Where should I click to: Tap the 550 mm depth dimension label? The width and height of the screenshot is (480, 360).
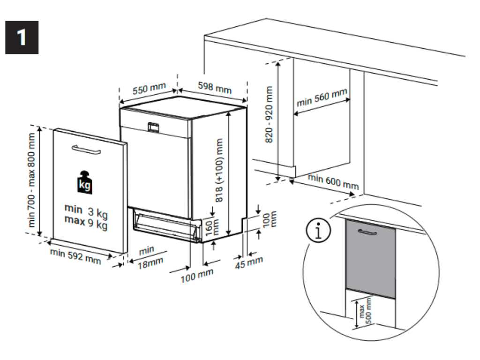[149, 89]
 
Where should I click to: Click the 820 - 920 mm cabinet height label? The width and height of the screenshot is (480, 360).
[269, 115]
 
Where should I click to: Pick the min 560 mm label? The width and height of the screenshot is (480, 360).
[322, 98]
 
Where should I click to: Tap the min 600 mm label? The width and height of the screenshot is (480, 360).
[333, 181]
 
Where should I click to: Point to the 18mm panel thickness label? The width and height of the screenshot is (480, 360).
[150, 262]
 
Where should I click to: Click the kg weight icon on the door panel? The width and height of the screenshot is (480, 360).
[85, 183]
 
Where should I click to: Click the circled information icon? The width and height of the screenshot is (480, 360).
[318, 231]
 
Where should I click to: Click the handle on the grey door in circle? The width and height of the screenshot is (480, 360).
[367, 232]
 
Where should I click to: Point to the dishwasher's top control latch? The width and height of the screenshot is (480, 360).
[154, 127]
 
